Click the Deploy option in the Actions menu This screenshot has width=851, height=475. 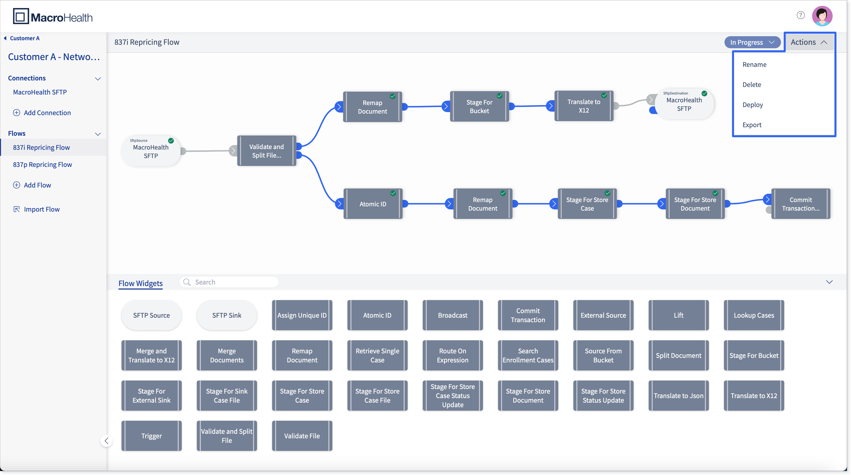753,105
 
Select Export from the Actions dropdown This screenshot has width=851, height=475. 752,125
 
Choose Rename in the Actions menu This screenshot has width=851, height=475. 754,65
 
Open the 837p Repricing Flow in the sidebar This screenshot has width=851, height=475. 42,164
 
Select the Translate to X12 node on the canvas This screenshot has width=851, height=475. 584,106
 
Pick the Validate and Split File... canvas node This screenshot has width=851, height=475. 267,151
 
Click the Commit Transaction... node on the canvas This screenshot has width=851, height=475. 801,204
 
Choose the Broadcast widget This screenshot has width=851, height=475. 453,315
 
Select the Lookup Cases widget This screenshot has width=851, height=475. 754,315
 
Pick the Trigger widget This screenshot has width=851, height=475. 151,436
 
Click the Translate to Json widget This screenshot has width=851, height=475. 679,396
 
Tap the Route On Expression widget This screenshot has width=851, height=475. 453,356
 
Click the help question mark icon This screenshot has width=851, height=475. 801,15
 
